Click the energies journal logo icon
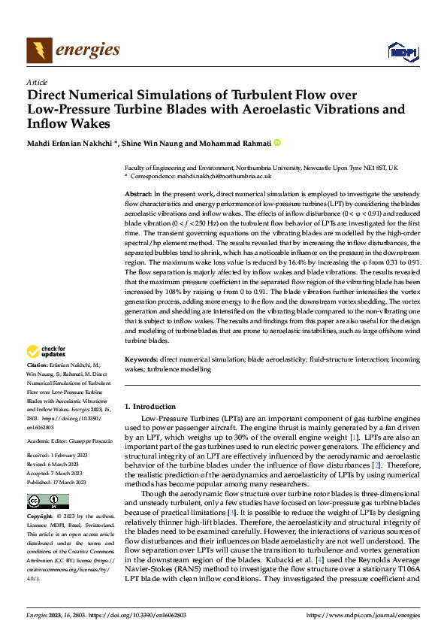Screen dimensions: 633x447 [x=39, y=50]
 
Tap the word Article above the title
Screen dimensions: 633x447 [x=37, y=82]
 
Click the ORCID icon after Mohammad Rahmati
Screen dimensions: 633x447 [x=277, y=142]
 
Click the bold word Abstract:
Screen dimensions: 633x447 [x=139, y=194]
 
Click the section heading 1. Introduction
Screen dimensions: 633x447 [x=150, y=406]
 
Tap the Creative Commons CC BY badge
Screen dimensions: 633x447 [x=47, y=501]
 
